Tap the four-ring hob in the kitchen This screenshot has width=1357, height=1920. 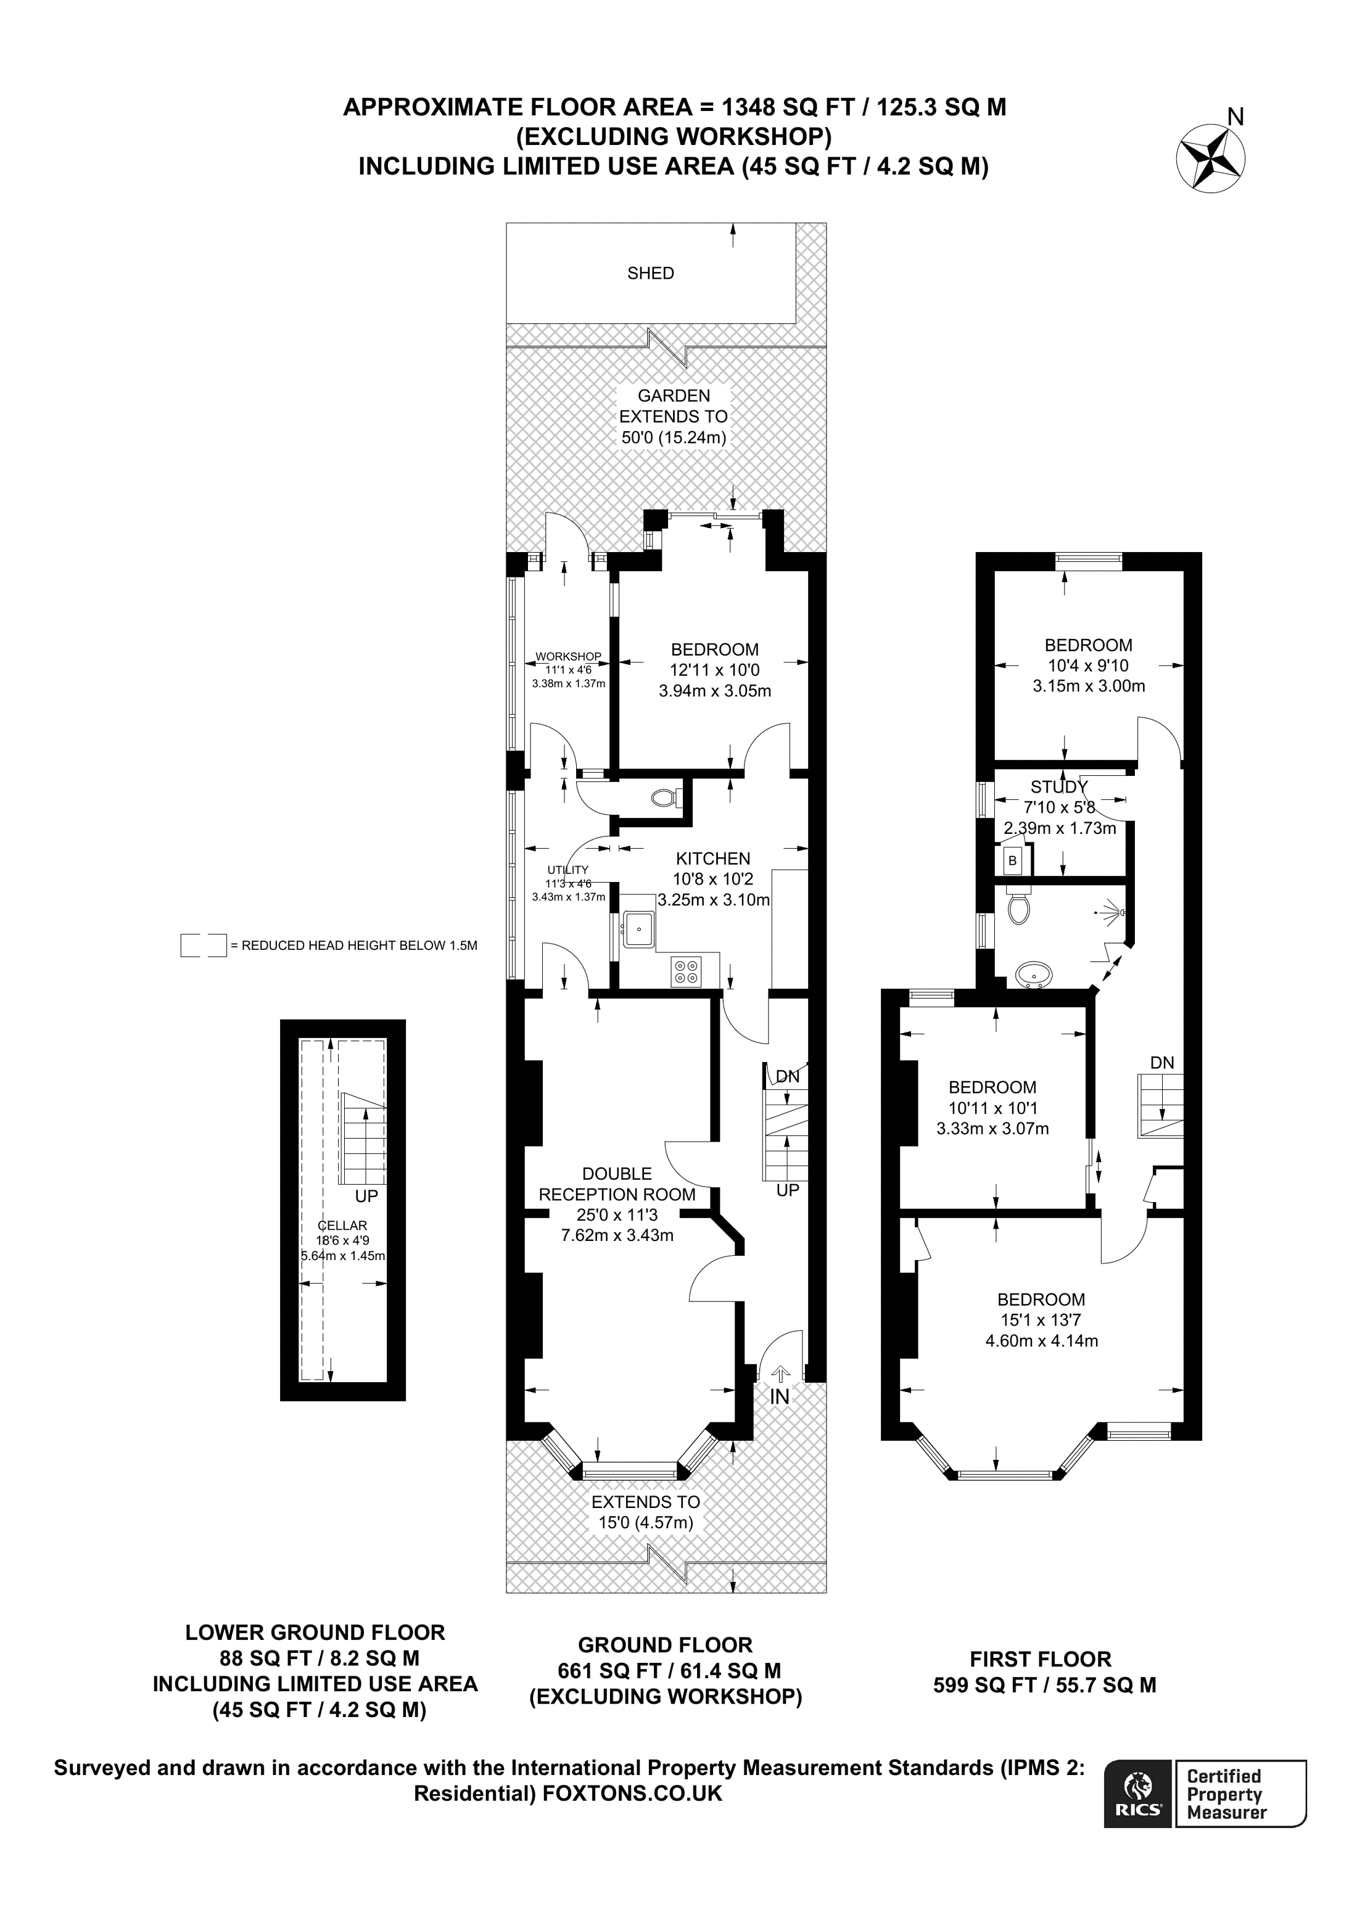(x=687, y=971)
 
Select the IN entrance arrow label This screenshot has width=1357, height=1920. (x=779, y=1396)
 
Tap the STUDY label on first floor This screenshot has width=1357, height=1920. (x=1058, y=787)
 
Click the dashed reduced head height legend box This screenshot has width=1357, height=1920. (x=203, y=945)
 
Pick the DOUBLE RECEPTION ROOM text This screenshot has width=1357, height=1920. (x=617, y=1184)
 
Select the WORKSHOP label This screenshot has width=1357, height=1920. (x=569, y=656)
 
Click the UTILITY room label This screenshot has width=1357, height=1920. (x=569, y=870)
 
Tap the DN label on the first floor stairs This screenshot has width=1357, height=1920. (x=1161, y=1063)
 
